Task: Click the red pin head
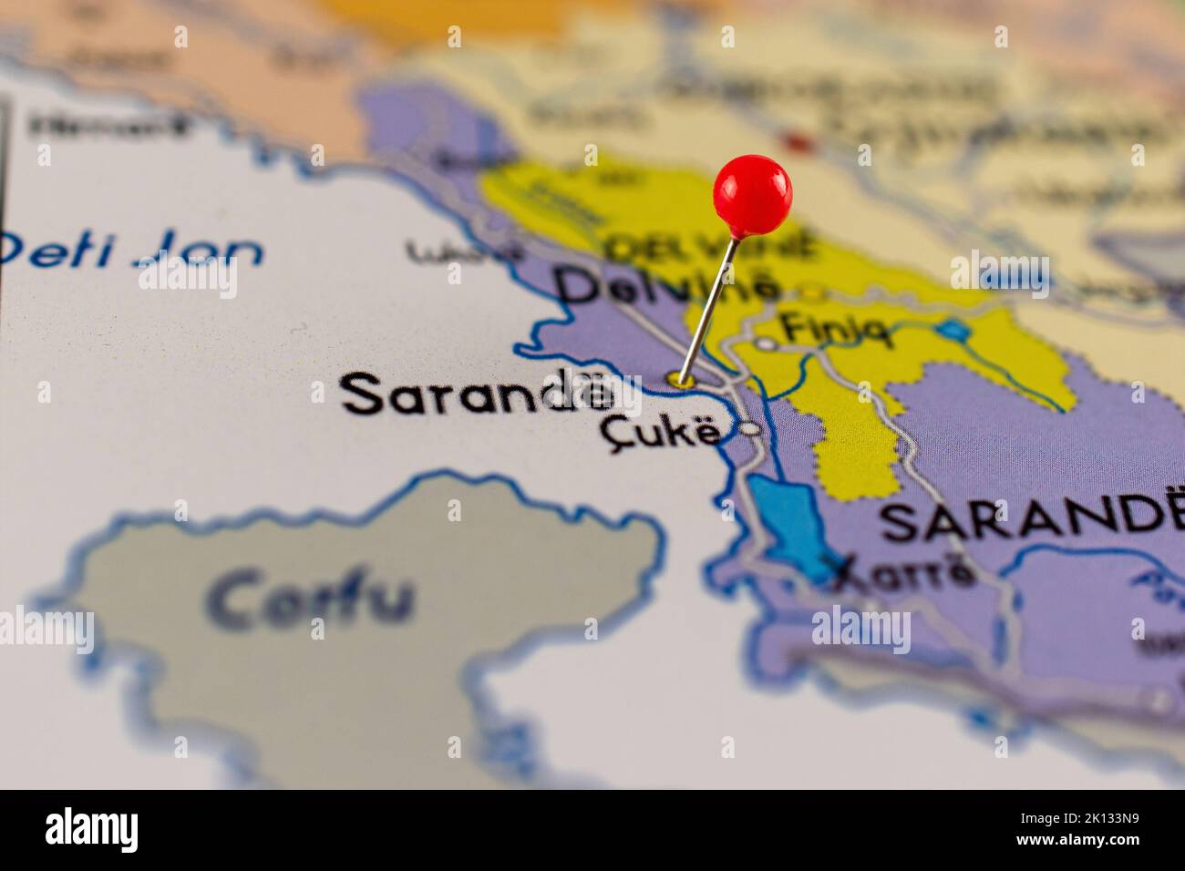point(752,192)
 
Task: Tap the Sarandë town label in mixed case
point(476,395)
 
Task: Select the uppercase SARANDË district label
point(1026,520)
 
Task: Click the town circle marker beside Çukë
point(750,428)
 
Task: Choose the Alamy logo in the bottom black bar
point(91,830)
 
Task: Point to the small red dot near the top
point(798,142)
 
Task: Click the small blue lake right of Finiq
point(953,330)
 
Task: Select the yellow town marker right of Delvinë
point(810,293)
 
